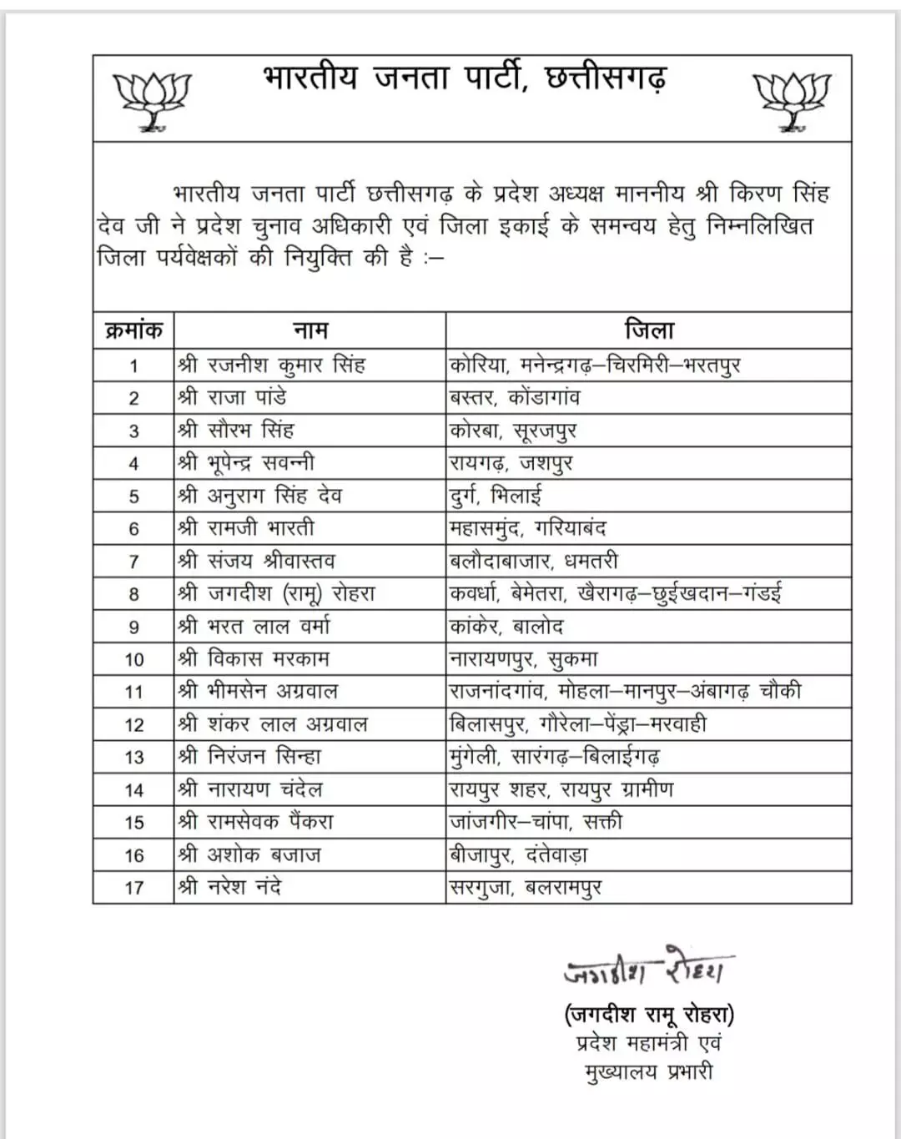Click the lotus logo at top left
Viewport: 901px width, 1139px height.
[x=152, y=101]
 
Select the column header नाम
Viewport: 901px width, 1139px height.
[x=310, y=330]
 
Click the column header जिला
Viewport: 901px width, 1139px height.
[x=649, y=330]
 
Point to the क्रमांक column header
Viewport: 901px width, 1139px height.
[x=133, y=330]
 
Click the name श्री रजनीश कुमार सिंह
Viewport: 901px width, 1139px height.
[x=272, y=365]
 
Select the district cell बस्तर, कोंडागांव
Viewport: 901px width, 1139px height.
[x=515, y=398]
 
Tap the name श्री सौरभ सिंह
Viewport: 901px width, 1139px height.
[x=236, y=431]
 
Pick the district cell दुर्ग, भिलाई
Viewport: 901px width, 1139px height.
[x=496, y=496]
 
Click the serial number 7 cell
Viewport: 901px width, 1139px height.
[x=133, y=562]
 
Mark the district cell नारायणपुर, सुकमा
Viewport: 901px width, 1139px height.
[x=524, y=659]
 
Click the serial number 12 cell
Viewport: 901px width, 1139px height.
[x=133, y=724]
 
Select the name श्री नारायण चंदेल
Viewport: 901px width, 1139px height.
[x=250, y=789]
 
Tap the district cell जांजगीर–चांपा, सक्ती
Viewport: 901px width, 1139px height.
[x=536, y=822]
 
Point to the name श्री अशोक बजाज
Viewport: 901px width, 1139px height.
[x=249, y=854]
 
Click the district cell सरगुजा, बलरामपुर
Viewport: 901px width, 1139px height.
[x=526, y=887]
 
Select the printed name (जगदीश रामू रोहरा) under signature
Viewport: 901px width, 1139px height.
[x=649, y=1015]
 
